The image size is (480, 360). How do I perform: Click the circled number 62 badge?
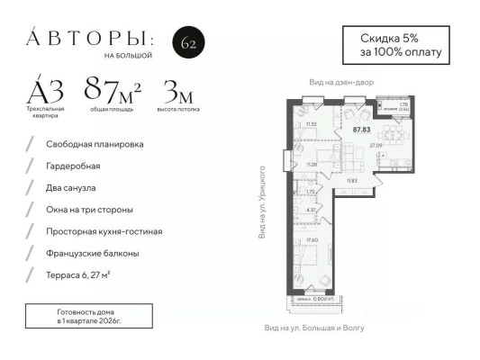coord(187,42)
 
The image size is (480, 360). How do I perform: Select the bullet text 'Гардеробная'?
coord(75,166)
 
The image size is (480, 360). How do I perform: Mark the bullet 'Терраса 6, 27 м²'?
coord(86,274)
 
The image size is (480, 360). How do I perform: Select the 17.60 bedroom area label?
coord(312,239)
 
